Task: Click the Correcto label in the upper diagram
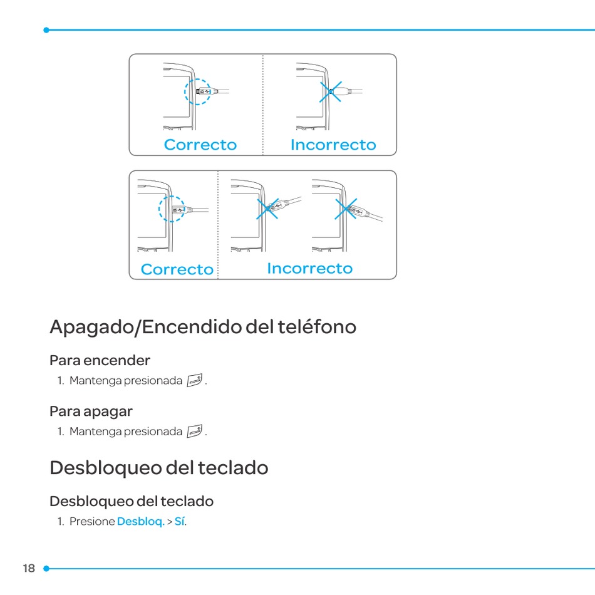(200, 145)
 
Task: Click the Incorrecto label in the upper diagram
(333, 145)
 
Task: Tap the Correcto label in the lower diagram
(177, 269)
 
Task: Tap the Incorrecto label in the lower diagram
(309, 268)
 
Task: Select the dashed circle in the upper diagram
(198, 91)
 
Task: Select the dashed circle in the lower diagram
(172, 209)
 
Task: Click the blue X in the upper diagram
(331, 91)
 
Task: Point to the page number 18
(29, 569)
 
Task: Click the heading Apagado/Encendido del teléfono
(203, 326)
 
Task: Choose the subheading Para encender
(100, 360)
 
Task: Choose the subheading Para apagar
(91, 411)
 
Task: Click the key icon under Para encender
(195, 380)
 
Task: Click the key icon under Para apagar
(195, 432)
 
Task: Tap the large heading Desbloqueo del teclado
(159, 468)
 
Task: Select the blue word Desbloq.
(141, 522)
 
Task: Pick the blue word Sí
(180, 522)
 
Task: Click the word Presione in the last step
(92, 522)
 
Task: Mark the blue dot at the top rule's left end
(46, 29)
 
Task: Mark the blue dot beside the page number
(46, 569)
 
